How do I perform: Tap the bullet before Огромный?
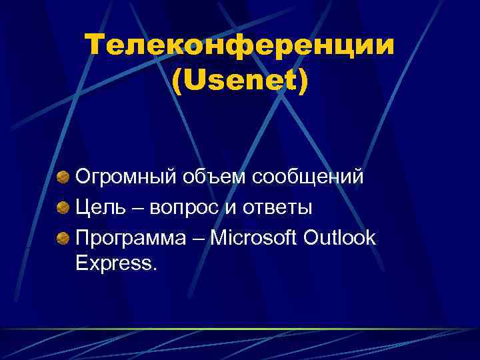(62, 177)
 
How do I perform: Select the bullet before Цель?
(62, 207)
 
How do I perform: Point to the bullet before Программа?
(62, 238)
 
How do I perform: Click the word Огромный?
(125, 177)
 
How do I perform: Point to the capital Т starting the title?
(96, 46)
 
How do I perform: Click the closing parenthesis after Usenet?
(303, 81)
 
